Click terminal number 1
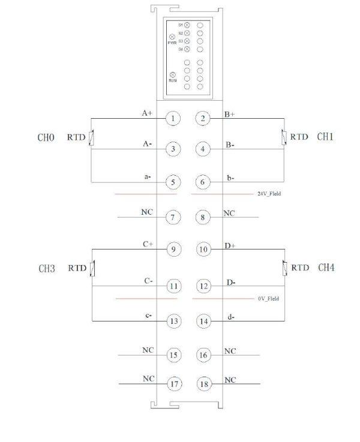[x=173, y=118]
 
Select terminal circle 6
[x=203, y=182]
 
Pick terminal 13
[x=173, y=321]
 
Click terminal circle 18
[x=203, y=383]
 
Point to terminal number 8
[x=203, y=217]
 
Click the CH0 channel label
[x=46, y=138]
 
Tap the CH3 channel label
[x=47, y=269]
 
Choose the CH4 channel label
[x=326, y=267]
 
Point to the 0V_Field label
[x=268, y=298]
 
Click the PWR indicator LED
[x=172, y=37]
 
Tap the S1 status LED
[x=187, y=25]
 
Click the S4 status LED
[x=187, y=49]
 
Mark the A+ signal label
[x=146, y=113]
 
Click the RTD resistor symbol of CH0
[x=91, y=139]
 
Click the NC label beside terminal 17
[x=148, y=379]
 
